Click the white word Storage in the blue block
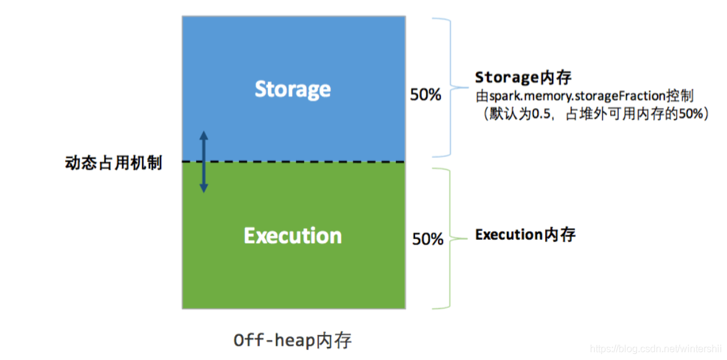point(293,89)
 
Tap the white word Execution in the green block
point(293,236)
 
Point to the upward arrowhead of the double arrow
point(203,135)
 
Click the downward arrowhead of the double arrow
point(203,187)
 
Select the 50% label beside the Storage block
point(426,95)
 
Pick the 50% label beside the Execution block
point(428,239)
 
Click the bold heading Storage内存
point(522,78)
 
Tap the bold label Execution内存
point(525,235)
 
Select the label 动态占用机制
point(114,163)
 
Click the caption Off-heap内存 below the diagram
point(293,341)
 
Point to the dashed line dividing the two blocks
point(293,161)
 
